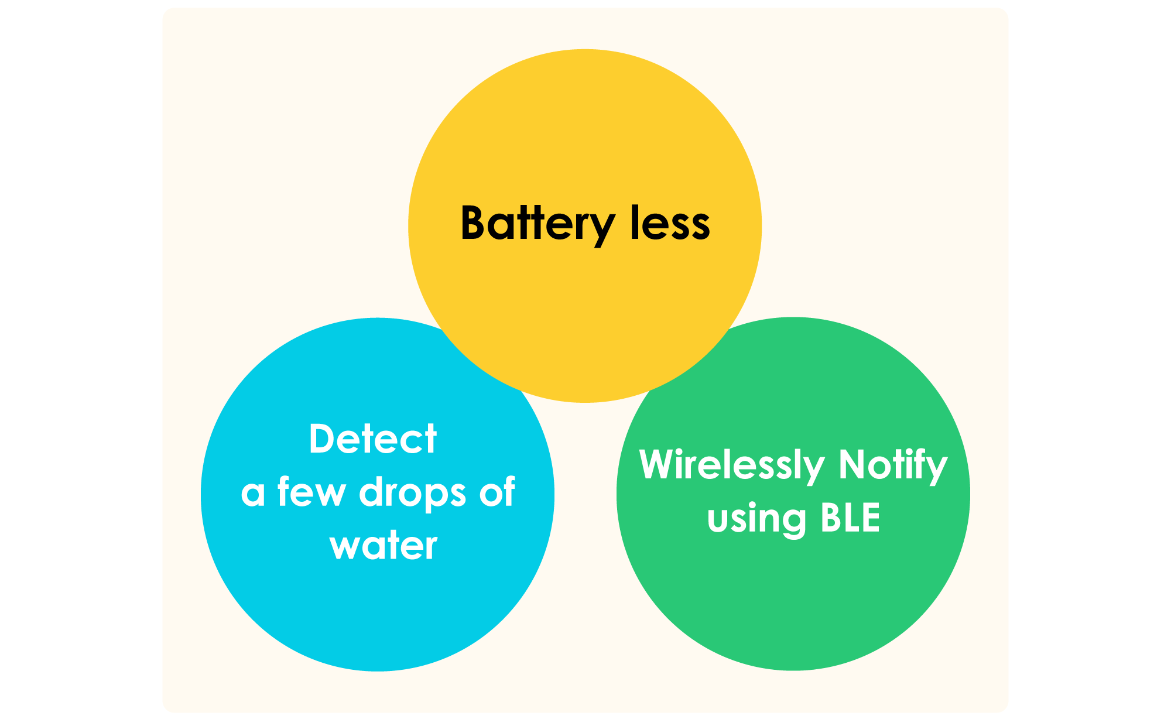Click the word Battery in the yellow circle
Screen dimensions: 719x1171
(x=537, y=224)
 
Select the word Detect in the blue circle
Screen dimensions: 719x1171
(x=372, y=439)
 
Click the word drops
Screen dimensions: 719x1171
(x=412, y=493)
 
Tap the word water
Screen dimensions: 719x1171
(x=383, y=545)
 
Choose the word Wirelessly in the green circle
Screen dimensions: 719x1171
(x=732, y=465)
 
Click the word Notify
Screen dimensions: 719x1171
(x=892, y=465)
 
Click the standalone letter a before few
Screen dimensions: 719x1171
(x=252, y=493)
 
